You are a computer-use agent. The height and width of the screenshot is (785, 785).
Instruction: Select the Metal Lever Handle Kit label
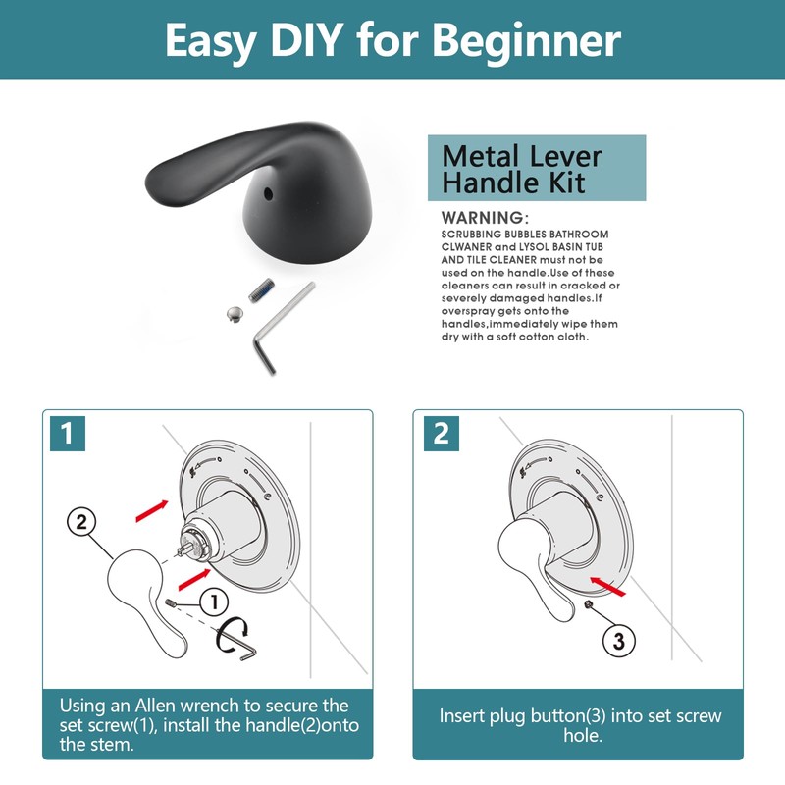[x=537, y=169]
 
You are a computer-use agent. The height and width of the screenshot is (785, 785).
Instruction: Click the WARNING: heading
[x=485, y=217]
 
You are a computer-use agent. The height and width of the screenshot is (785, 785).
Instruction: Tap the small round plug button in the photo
[x=234, y=314]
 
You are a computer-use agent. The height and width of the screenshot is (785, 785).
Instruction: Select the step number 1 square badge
[x=66, y=433]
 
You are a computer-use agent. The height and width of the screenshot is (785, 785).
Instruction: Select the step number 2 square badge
[x=441, y=433]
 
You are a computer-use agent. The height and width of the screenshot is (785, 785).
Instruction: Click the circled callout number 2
[x=82, y=521]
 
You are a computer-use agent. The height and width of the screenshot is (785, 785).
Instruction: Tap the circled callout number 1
[x=213, y=601]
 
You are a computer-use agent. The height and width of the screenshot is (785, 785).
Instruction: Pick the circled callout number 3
[x=618, y=641]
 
